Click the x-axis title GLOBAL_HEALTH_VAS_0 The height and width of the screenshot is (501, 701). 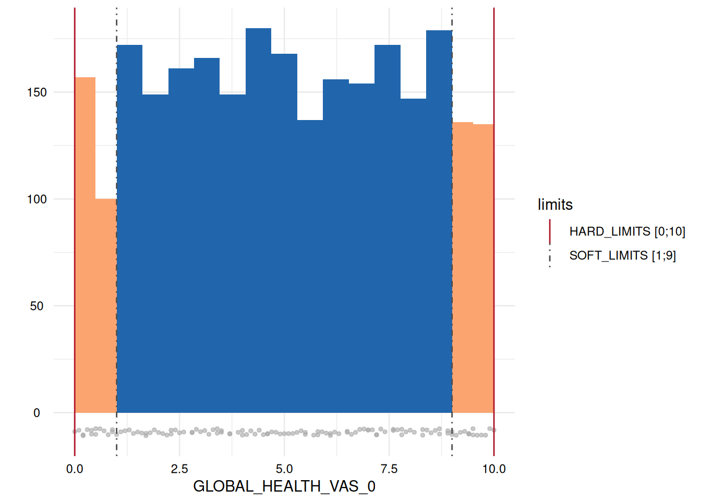pos(284,486)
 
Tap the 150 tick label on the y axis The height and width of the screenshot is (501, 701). pos(37,92)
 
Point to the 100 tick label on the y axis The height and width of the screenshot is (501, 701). pos(37,199)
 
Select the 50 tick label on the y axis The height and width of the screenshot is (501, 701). pos(37,306)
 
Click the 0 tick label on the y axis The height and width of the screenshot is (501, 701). pos(37,413)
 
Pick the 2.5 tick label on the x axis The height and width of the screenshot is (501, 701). pos(179,469)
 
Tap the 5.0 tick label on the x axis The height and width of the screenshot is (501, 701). pos(284,469)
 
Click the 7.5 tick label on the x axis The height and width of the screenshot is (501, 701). pos(389,469)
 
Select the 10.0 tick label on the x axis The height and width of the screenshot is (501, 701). pos(494,469)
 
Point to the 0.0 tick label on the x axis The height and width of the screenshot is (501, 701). pos(75,469)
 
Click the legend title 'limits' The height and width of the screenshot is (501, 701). pos(555,205)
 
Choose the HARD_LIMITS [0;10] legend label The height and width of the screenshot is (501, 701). pos(627,232)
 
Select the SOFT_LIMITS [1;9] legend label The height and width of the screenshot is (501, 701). pos(622,256)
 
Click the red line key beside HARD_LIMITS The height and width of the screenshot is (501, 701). pos(550,232)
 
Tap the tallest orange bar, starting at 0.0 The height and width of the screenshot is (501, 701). pos(85,245)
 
